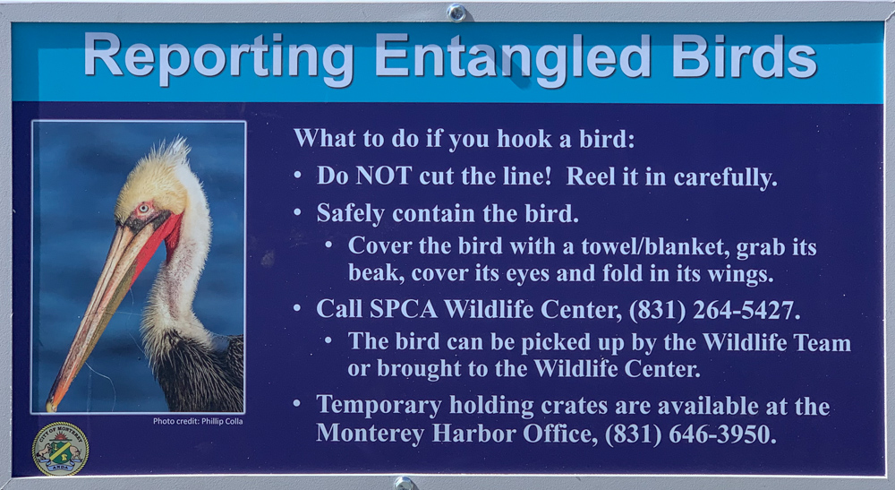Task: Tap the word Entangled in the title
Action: [513, 57]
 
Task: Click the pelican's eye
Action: [142, 208]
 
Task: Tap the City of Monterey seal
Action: [61, 449]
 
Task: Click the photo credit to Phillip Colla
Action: [198, 421]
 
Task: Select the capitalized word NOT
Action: [384, 176]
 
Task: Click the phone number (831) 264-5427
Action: [714, 309]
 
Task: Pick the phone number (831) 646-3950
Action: [690, 434]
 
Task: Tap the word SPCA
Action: [404, 309]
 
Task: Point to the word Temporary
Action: [379, 406]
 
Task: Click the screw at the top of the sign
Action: [456, 13]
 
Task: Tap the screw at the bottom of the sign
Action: [404, 483]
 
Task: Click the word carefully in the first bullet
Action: [725, 177]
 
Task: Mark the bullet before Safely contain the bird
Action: [297, 212]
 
